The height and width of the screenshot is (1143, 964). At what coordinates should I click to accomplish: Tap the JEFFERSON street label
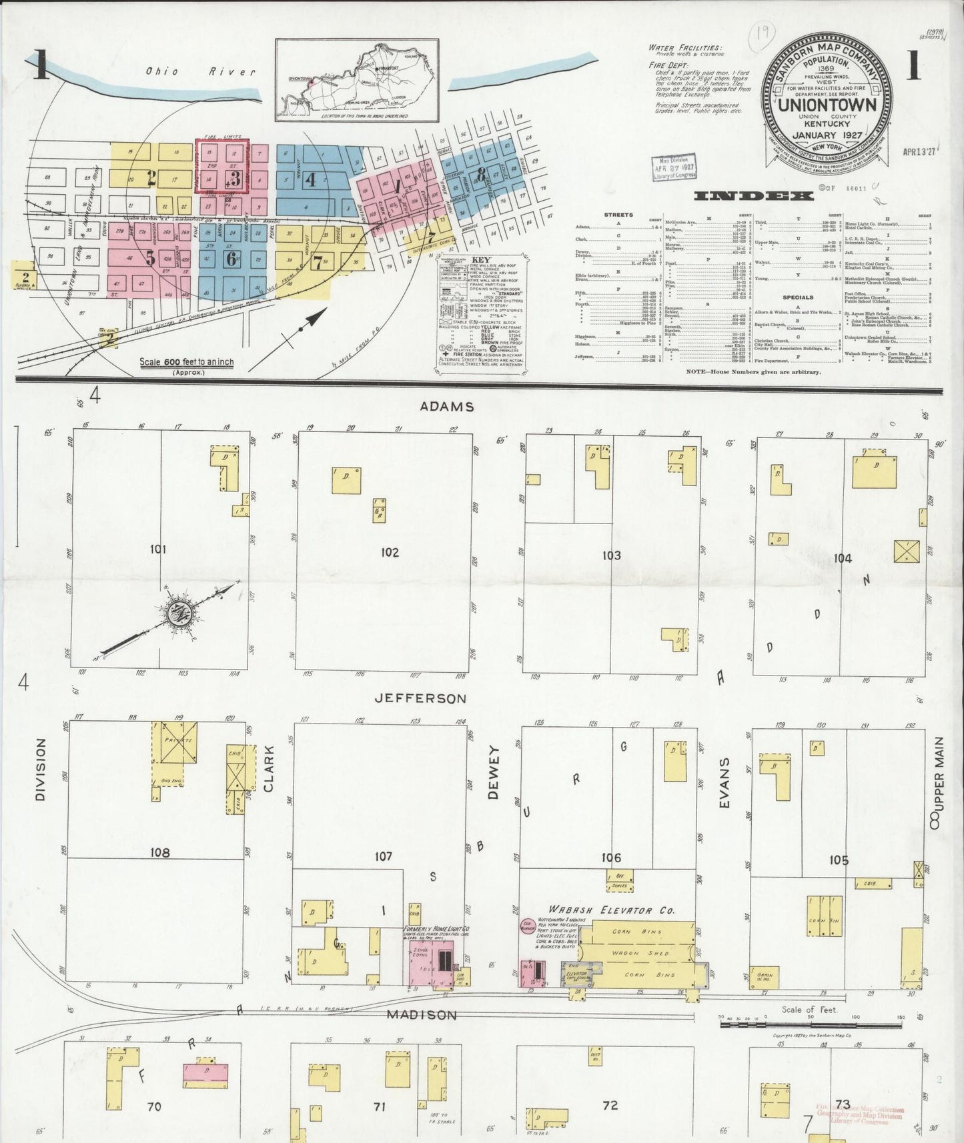(420, 698)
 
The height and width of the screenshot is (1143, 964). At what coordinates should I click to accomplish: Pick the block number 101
(158, 549)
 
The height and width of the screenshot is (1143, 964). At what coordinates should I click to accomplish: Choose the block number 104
(843, 558)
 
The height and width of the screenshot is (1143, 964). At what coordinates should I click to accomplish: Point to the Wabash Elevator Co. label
(612, 910)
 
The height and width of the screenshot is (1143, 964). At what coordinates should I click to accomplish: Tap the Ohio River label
(201, 71)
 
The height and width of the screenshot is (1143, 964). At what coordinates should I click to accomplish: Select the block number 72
(610, 1105)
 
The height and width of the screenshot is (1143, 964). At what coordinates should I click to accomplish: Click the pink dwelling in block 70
(203, 1071)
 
